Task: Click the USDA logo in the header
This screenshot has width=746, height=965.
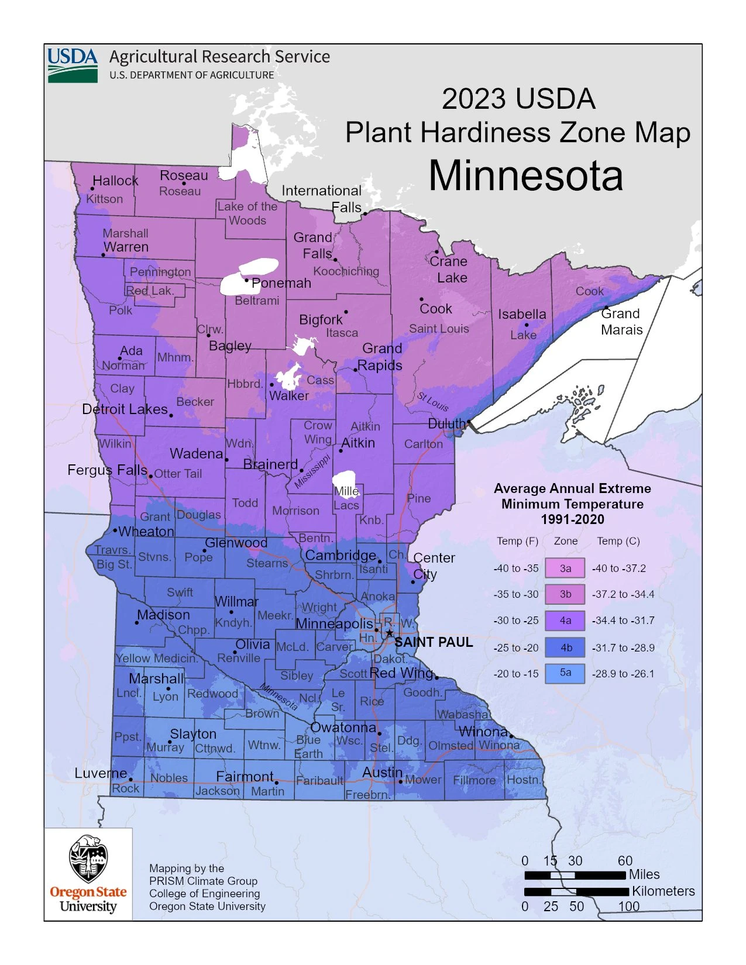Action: click(73, 64)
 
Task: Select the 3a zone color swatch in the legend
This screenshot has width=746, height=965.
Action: click(565, 568)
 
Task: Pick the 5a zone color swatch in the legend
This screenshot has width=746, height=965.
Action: click(565, 673)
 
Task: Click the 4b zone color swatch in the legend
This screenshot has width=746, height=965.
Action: click(565, 647)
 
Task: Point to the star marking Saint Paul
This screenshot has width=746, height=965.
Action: click(390, 633)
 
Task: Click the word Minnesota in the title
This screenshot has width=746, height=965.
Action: click(525, 175)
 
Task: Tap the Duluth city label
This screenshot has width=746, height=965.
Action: click(446, 423)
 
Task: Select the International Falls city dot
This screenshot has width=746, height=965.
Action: click(365, 214)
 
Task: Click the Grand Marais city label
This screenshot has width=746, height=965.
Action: click(621, 322)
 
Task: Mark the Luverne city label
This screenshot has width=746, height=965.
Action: click(101, 773)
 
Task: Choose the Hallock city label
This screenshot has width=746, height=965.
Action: click(115, 181)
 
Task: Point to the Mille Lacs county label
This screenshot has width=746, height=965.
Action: click(346, 498)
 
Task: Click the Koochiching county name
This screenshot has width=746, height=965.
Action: click(346, 271)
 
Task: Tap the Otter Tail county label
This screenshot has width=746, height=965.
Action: click(178, 474)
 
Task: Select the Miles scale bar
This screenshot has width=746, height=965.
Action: click(575, 876)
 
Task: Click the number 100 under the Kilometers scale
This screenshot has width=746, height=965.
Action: click(628, 907)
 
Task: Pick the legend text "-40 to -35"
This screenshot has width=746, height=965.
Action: click(515, 568)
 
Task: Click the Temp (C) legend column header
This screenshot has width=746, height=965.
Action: click(618, 541)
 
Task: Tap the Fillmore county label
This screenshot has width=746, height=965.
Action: click(474, 780)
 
